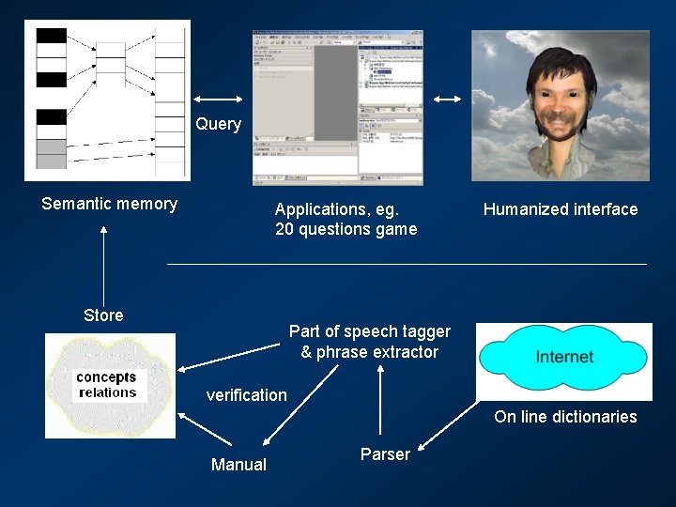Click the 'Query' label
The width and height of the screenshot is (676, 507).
218,124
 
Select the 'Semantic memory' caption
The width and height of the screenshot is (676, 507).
109,204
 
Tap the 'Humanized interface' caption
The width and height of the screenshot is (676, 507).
560,209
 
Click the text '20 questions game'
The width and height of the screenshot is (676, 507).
346,229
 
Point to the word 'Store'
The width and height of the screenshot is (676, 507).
103,315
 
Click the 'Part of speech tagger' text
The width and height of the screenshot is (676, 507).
369,331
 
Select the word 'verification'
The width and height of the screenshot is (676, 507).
246,395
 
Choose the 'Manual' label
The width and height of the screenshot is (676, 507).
238,465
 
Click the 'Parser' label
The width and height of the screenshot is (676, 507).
385,454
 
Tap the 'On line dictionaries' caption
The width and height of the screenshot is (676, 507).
565,417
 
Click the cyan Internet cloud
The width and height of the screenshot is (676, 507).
563,357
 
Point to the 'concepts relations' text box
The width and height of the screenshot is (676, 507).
107,385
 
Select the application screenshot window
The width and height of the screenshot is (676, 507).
337,107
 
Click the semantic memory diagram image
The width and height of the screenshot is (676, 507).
107,100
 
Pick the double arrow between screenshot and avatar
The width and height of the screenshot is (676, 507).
447,100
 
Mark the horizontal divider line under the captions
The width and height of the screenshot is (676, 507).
407,265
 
